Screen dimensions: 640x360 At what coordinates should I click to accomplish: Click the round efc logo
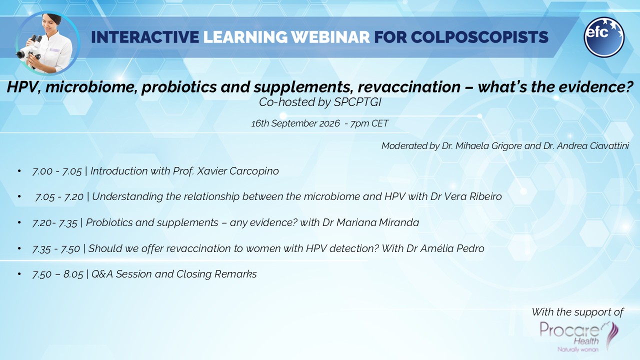(x=604, y=37)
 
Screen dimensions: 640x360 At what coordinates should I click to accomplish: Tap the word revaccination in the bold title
(x=409, y=87)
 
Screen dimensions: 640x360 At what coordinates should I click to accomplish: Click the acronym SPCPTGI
(x=357, y=102)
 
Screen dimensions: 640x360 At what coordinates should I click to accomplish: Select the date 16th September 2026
(x=295, y=123)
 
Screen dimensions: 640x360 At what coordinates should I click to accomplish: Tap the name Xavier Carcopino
(x=237, y=171)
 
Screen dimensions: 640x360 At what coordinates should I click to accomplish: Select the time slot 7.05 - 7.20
(x=59, y=197)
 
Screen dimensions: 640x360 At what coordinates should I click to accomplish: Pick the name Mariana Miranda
(x=377, y=222)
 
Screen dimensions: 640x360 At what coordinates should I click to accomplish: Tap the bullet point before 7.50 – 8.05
(x=19, y=274)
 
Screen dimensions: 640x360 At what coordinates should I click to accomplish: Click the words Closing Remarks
(x=216, y=274)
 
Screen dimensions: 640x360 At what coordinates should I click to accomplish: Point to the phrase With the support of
(x=577, y=312)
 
